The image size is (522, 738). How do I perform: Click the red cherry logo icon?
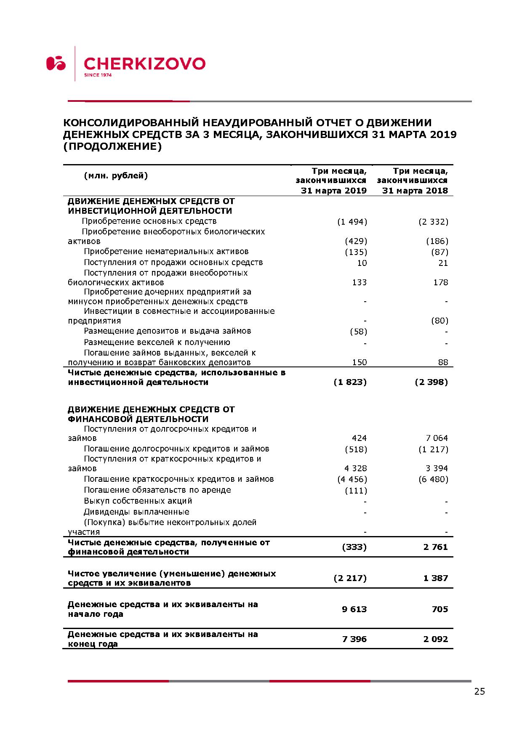click(x=56, y=63)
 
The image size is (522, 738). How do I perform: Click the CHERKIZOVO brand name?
click(x=144, y=64)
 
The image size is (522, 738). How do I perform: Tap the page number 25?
click(x=479, y=692)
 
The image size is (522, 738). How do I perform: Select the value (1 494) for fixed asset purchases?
click(x=352, y=222)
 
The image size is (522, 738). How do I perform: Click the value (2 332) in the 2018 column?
click(x=433, y=222)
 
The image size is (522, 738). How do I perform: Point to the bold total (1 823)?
click(x=350, y=382)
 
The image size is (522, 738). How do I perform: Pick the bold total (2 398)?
click(x=431, y=382)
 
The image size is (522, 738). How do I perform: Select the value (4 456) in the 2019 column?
click(x=352, y=479)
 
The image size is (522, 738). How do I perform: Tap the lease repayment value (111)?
click(x=356, y=491)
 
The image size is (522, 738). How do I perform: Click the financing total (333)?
click(x=354, y=547)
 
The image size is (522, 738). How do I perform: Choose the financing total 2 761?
click(x=436, y=547)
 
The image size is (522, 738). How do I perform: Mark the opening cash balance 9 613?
click(x=354, y=609)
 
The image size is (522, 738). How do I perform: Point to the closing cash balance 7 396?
click(x=354, y=639)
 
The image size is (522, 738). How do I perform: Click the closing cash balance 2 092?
click(x=436, y=639)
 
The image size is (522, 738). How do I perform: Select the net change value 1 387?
click(x=436, y=578)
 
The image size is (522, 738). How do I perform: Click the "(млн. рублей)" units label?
click(x=116, y=176)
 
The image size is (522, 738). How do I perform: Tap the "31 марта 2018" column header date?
click(x=415, y=191)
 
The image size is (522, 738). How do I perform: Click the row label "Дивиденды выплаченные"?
click(x=136, y=512)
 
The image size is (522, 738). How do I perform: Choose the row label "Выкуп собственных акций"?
click(x=138, y=501)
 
